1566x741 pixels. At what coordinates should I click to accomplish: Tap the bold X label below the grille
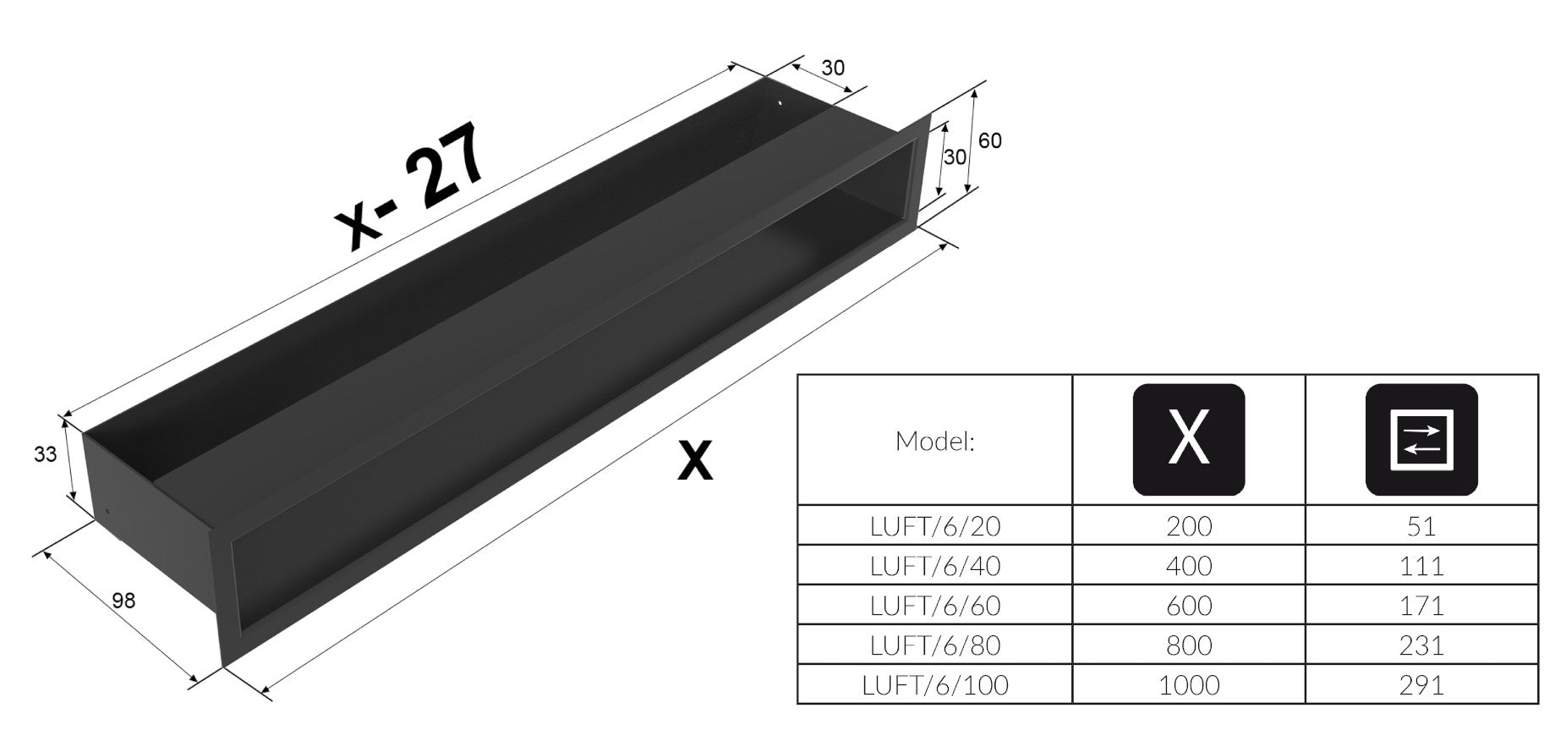(x=695, y=462)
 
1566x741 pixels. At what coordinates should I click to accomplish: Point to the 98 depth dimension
(x=123, y=601)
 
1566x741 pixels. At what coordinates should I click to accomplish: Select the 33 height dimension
(x=45, y=454)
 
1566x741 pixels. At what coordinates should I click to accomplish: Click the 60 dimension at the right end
(x=989, y=140)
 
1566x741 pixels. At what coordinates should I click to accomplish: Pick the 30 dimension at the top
(x=833, y=68)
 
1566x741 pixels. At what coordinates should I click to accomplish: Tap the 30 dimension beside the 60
(x=955, y=157)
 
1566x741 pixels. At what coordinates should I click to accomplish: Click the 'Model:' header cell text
(x=934, y=441)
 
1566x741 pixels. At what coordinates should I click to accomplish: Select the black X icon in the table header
(x=1188, y=439)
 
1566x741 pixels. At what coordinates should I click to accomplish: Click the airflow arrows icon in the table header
(x=1421, y=439)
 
